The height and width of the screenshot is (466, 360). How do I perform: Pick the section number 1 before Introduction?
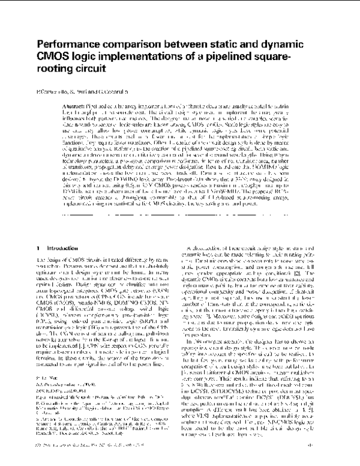coord(38,231)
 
